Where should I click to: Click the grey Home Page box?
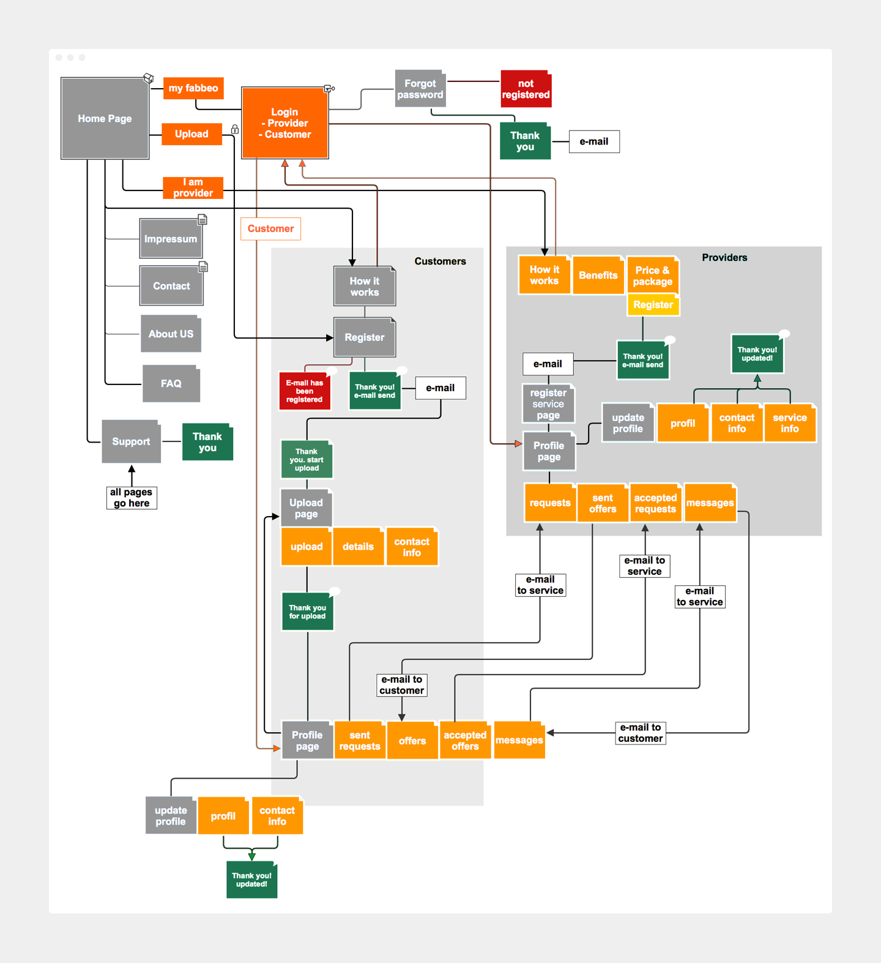point(105,118)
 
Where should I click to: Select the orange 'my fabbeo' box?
point(193,88)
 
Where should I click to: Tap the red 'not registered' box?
point(526,89)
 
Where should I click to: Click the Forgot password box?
point(420,89)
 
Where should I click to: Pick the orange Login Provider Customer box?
point(284,123)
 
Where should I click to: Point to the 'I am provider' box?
point(193,187)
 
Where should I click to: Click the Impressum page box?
point(171,239)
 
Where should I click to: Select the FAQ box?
point(171,383)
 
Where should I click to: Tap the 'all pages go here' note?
point(132,497)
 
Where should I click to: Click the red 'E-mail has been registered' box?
point(305,391)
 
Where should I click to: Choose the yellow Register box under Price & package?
point(653,305)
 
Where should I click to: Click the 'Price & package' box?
point(652,275)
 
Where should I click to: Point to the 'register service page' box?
point(548,403)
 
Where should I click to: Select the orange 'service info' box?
point(789,422)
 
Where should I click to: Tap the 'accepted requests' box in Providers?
point(655,503)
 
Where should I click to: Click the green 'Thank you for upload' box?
point(307,612)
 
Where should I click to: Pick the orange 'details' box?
point(358,547)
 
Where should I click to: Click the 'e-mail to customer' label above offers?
point(401,685)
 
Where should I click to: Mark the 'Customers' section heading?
point(440,261)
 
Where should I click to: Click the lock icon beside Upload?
point(234,129)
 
